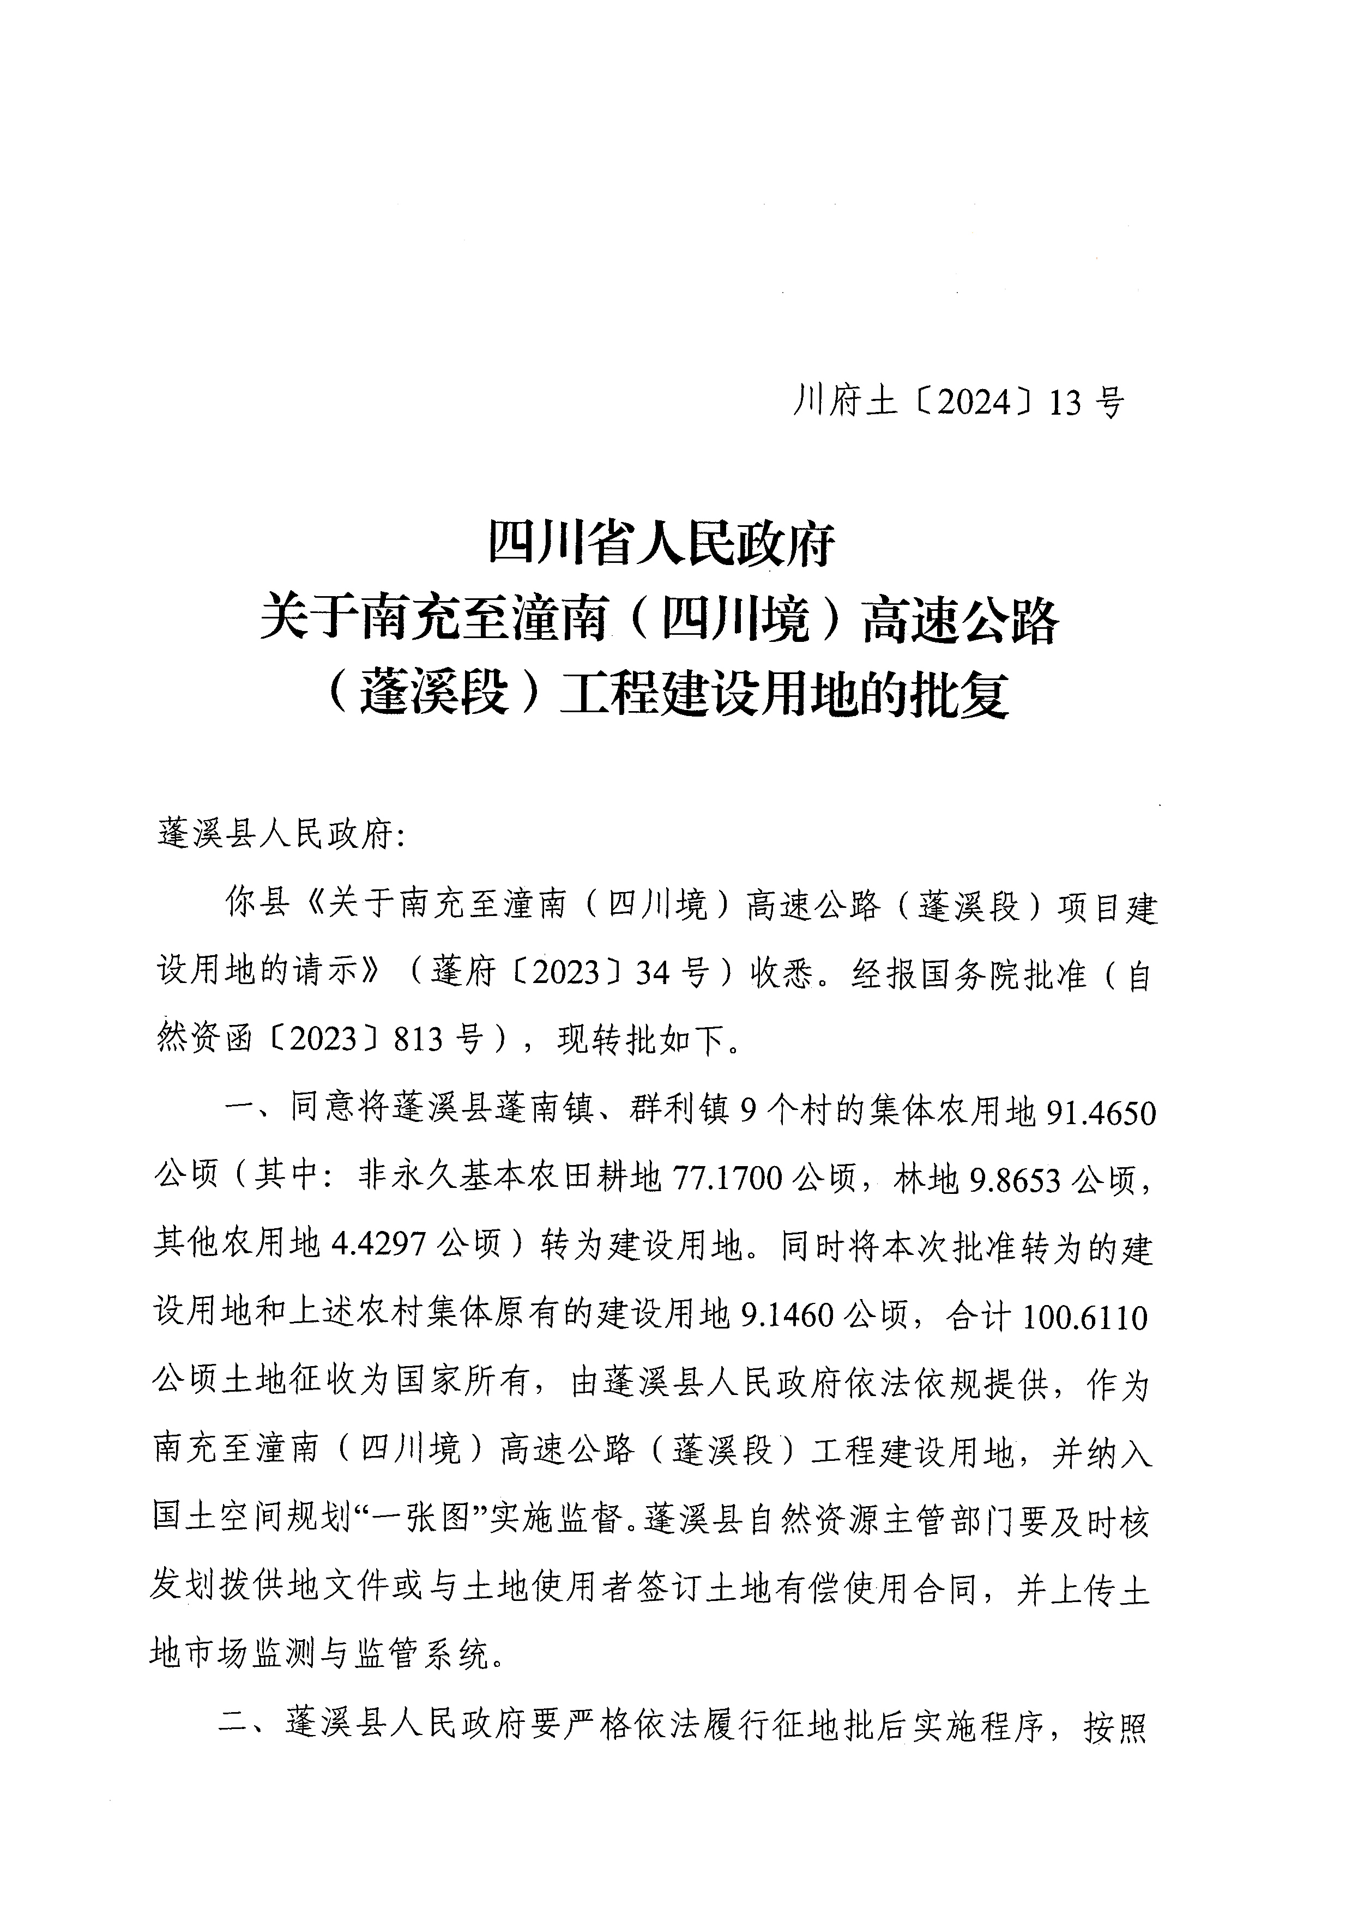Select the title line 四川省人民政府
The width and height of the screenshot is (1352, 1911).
(x=662, y=547)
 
